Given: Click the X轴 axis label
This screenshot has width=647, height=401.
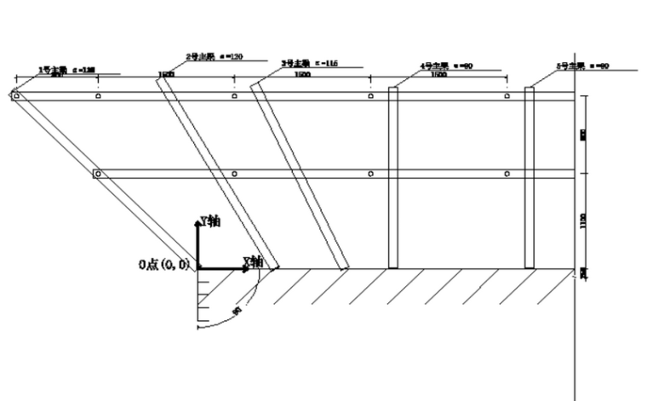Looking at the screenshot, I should coord(253,260).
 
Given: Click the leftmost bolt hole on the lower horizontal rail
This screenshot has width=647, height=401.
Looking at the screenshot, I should coord(98,174).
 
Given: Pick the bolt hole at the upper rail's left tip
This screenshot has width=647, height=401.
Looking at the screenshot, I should coord(15,96).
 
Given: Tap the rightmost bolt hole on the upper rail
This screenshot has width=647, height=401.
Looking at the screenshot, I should coord(507,96).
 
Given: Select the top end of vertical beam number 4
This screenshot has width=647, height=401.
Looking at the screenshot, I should coord(392,89).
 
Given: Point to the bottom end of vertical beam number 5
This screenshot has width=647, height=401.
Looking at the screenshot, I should coord(529,267).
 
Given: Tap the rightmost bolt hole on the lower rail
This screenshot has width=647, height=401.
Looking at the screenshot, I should coord(507,174).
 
